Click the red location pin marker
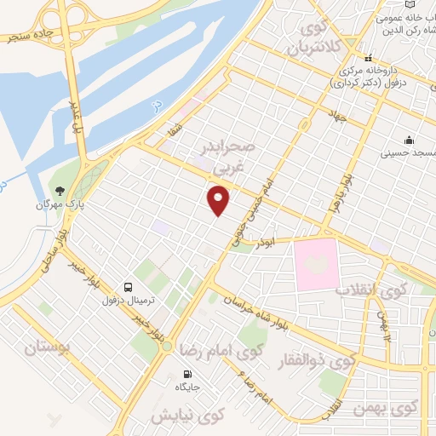(219, 201)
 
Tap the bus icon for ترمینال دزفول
(128, 287)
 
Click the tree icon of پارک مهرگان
(59, 192)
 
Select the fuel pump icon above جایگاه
(187, 373)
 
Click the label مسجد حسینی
(410, 152)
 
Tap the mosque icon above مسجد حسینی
(409, 140)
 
